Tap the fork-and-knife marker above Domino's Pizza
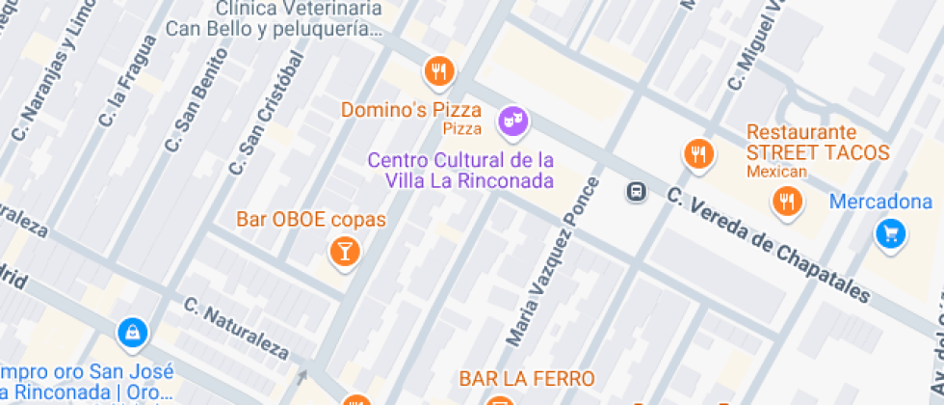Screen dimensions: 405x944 coord(439,70)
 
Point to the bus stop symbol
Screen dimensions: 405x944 coord(637,191)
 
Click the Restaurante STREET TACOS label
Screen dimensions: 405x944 coord(818,142)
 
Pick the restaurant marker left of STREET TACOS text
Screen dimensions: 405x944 coord(698,153)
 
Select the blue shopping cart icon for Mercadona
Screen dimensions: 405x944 coord(890,232)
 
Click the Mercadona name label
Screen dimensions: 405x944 coord(881,202)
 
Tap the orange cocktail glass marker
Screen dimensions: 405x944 coord(343,253)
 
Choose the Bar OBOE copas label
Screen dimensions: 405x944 coord(311,220)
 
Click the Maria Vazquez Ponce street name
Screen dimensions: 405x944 coord(554,259)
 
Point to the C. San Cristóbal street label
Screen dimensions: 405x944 coord(266,113)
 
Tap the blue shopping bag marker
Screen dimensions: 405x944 coord(131,334)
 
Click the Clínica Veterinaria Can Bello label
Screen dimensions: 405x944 coord(275,18)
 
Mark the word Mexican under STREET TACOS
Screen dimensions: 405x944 coord(776,172)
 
